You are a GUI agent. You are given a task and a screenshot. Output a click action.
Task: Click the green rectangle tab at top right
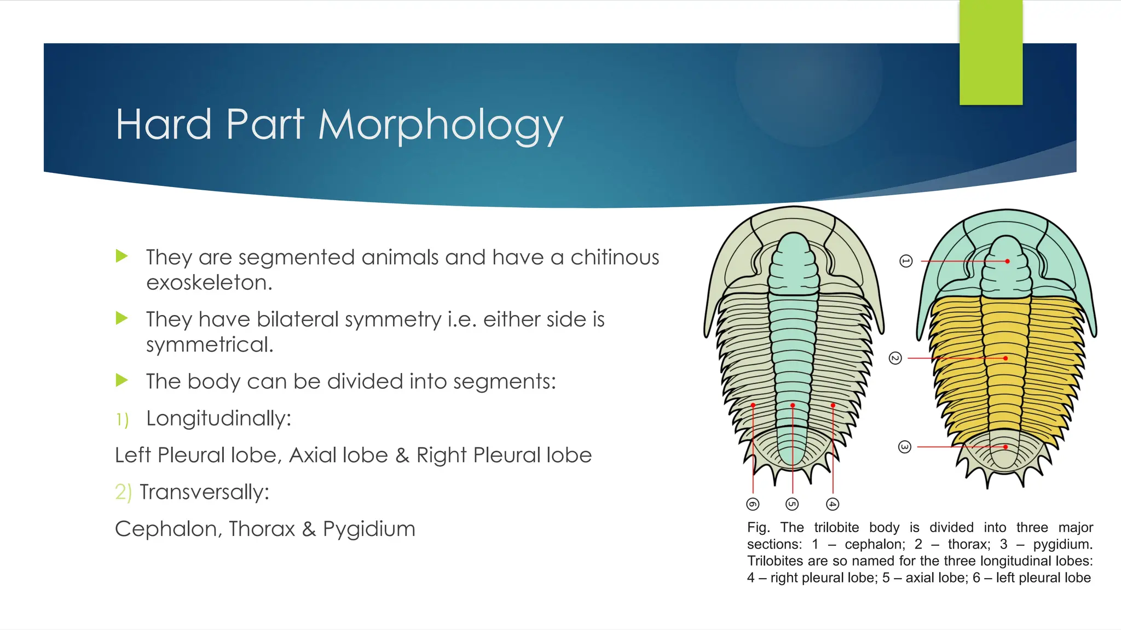(x=991, y=52)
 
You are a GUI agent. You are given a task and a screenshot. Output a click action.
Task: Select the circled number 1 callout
(x=906, y=261)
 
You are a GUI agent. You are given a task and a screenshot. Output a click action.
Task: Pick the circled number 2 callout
(x=895, y=358)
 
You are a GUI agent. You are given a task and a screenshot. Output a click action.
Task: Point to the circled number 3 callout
(x=905, y=447)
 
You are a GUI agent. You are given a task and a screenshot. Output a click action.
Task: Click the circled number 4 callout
(x=833, y=504)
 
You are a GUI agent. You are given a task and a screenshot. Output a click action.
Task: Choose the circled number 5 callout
(x=792, y=504)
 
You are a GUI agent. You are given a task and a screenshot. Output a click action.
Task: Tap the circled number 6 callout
(x=753, y=504)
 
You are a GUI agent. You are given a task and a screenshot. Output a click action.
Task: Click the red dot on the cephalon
(x=1007, y=261)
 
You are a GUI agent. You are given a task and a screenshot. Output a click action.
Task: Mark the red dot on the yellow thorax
(x=1006, y=358)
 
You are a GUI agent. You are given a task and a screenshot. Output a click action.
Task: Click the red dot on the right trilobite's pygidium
(x=1006, y=447)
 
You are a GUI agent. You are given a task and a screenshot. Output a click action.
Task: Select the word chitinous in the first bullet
(x=615, y=257)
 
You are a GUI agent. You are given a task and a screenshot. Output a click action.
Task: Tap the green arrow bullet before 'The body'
(x=122, y=380)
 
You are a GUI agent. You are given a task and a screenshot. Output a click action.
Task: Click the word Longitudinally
(x=218, y=419)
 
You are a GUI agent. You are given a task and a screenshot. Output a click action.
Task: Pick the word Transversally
(x=204, y=492)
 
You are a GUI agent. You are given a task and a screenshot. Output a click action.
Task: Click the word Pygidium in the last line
(x=369, y=529)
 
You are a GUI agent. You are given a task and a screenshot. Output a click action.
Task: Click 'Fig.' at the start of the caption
(x=758, y=528)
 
